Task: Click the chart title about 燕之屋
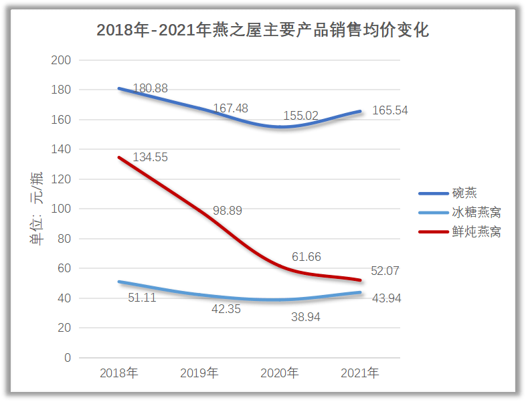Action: (262, 30)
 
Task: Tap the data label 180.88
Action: (151, 88)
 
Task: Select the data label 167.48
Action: (231, 108)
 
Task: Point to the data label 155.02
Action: (300, 116)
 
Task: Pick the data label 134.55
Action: (150, 158)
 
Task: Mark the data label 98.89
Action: (228, 211)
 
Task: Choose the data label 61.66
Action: (306, 257)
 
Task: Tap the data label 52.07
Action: (385, 271)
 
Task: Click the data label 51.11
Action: (142, 298)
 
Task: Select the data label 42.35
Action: (226, 310)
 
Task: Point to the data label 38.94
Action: (305, 317)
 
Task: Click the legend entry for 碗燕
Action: (464, 194)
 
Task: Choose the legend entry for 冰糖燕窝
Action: (476, 213)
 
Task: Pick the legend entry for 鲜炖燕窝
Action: (476, 232)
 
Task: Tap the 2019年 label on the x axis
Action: (199, 373)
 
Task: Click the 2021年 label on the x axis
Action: (360, 373)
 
